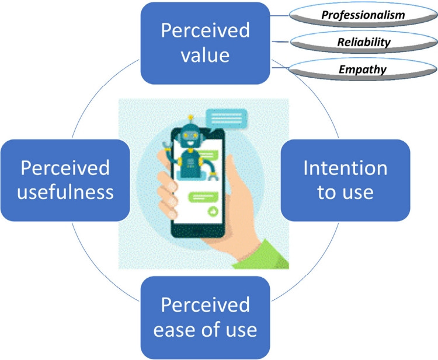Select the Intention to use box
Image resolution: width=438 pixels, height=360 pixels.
click(x=345, y=180)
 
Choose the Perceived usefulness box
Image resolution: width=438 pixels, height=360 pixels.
click(x=65, y=180)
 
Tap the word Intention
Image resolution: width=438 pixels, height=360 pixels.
click(x=345, y=168)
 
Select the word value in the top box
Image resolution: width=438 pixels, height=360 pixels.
click(x=205, y=57)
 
